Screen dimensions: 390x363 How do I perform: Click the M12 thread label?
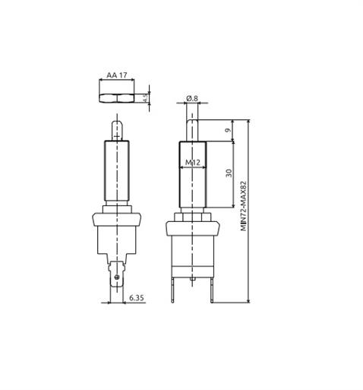pyautogui.click(x=191, y=163)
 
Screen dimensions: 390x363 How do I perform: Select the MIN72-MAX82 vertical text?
pyautogui.click(x=244, y=206)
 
